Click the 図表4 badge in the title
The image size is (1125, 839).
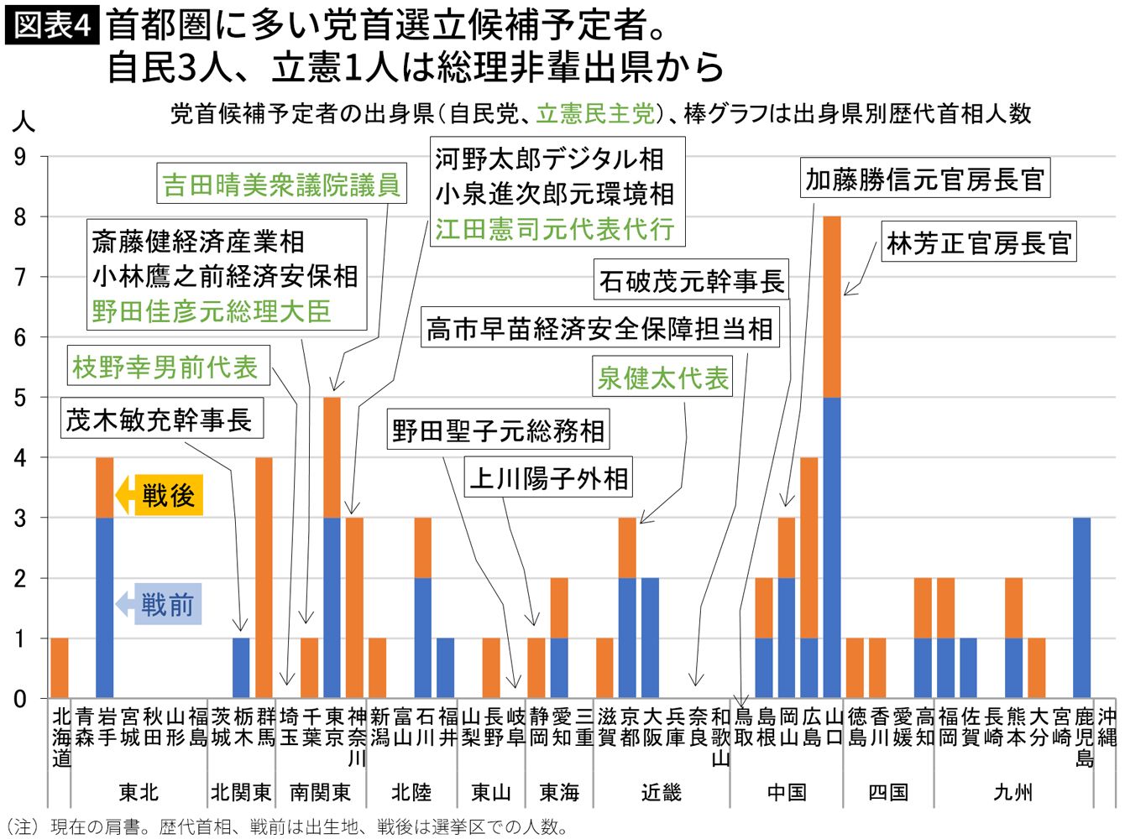(x=52, y=24)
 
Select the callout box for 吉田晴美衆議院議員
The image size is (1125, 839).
(x=281, y=185)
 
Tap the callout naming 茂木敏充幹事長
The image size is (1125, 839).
(x=160, y=419)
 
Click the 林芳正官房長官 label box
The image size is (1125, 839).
(x=979, y=243)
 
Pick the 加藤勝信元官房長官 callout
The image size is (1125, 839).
(x=924, y=179)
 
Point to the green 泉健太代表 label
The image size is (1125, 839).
(x=662, y=378)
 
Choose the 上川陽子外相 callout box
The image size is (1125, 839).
(x=548, y=478)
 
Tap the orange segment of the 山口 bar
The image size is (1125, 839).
(x=832, y=306)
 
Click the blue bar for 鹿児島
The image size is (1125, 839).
(x=1081, y=607)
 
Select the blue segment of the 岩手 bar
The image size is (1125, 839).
(x=105, y=607)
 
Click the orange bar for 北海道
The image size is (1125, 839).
(x=60, y=668)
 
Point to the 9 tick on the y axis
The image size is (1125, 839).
(x=20, y=157)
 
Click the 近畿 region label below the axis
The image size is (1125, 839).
(x=662, y=792)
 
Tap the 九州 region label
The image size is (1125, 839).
(x=1012, y=792)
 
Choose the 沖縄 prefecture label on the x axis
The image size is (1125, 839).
(x=1107, y=727)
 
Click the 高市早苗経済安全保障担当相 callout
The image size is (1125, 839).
(x=599, y=328)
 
